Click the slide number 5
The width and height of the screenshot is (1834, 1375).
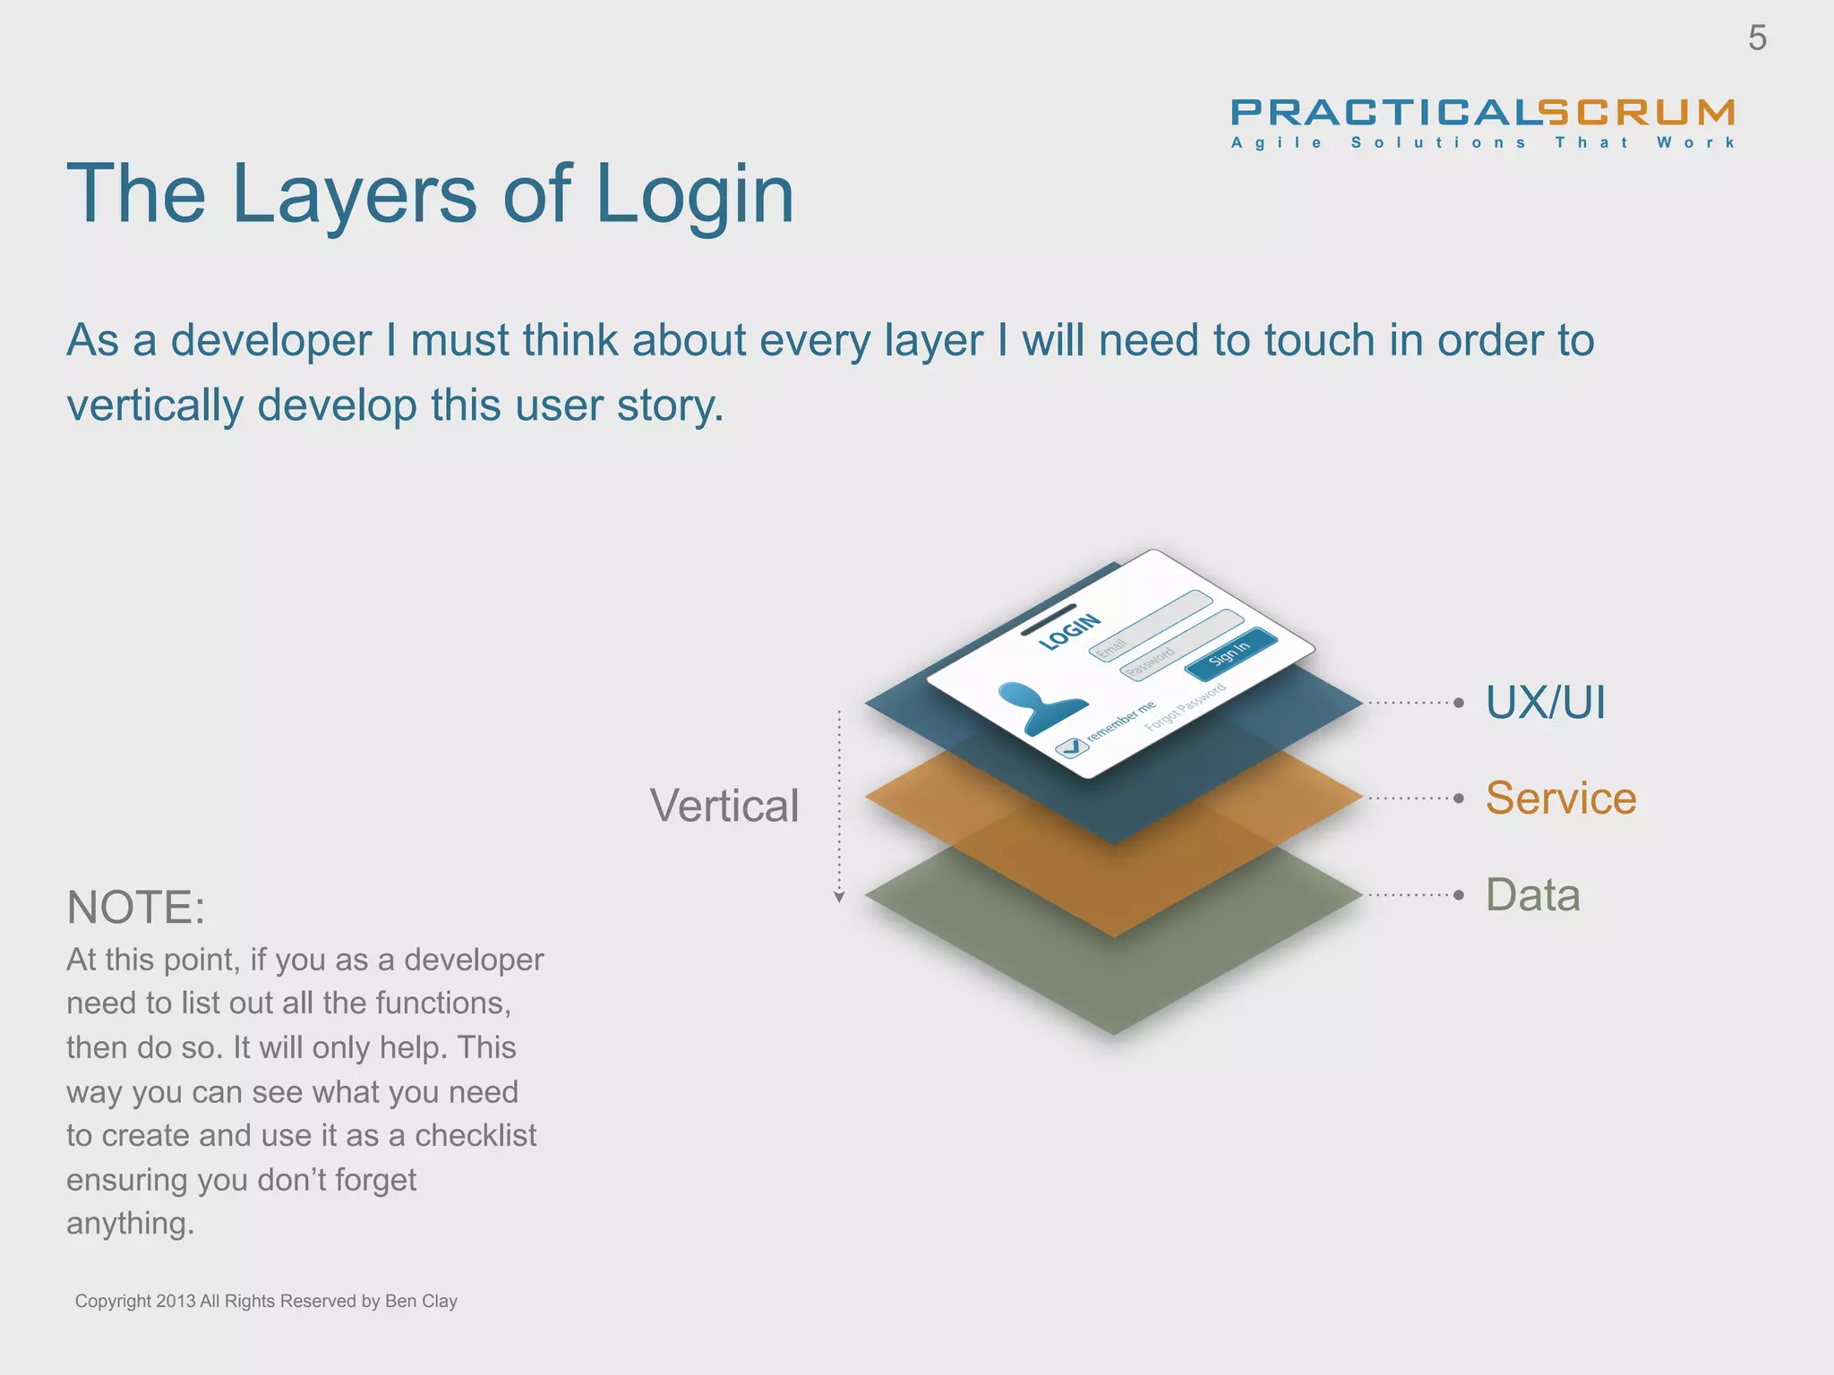pyautogui.click(x=1757, y=38)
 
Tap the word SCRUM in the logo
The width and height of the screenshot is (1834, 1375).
pyautogui.click(x=1638, y=113)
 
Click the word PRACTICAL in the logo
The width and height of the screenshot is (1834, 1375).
pyautogui.click(x=1384, y=113)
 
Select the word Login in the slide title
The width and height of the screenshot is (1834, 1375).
pyautogui.click(x=694, y=195)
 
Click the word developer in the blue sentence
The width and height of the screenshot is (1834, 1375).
pyautogui.click(x=270, y=341)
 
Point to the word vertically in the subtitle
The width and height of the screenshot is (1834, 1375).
pyautogui.click(x=154, y=406)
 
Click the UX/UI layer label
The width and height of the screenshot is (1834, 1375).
pyautogui.click(x=1545, y=702)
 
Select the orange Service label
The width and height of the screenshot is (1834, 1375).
pyautogui.click(x=1560, y=798)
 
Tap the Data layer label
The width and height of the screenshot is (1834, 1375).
pyautogui.click(x=1532, y=894)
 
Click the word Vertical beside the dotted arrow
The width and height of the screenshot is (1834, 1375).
pyautogui.click(x=724, y=806)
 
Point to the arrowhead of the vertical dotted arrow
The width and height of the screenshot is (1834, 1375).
pyautogui.click(x=839, y=897)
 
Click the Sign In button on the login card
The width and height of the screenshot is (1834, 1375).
pyautogui.click(x=1230, y=654)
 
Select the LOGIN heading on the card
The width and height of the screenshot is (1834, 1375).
pyautogui.click(x=1069, y=632)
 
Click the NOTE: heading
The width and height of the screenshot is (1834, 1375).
pyautogui.click(x=136, y=908)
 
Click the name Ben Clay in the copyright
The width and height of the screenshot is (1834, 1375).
pyautogui.click(x=421, y=1301)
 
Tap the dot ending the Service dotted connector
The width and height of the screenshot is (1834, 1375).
pyautogui.click(x=1459, y=798)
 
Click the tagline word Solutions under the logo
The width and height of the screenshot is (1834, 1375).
pyautogui.click(x=1438, y=143)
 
